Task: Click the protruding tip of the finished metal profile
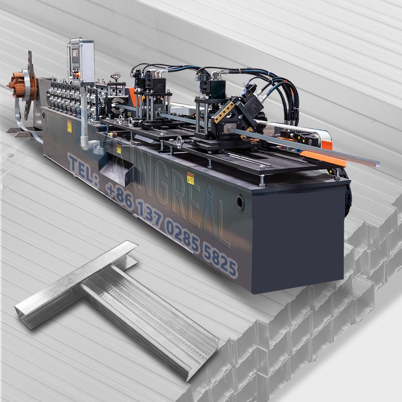tap(374, 163)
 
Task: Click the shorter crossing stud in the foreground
tap(75, 284)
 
